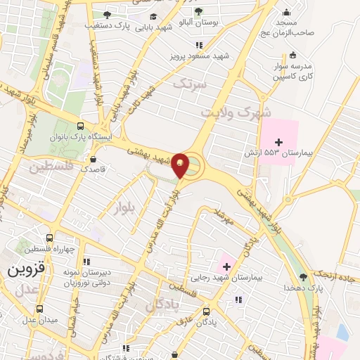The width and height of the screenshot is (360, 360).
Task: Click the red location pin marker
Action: click(x=181, y=165)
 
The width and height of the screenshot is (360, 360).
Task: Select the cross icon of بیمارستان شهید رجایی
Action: click(x=227, y=266)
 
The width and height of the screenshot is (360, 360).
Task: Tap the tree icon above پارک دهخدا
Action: click(x=303, y=277)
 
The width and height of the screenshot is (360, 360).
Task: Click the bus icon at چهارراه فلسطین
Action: click(x=49, y=238)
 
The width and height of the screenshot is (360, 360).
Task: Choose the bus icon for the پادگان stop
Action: click(x=206, y=311)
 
